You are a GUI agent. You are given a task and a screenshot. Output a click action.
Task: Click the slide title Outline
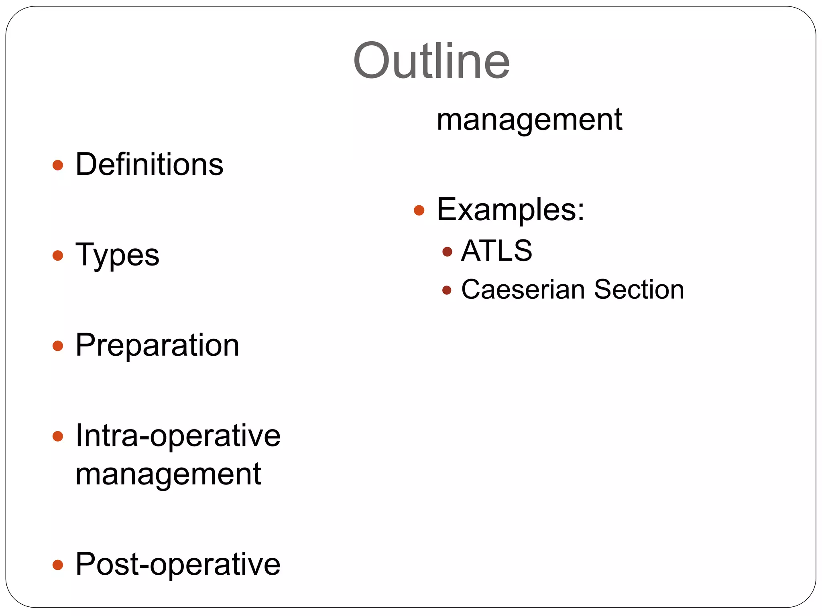pyautogui.click(x=431, y=61)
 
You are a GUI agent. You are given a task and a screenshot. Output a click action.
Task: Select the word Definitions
pyautogui.click(x=149, y=164)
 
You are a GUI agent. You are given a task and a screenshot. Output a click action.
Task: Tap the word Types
pyautogui.click(x=117, y=255)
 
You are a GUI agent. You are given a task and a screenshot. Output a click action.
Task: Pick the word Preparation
pyautogui.click(x=157, y=345)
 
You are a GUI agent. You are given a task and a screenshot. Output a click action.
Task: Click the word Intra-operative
pyautogui.click(x=178, y=436)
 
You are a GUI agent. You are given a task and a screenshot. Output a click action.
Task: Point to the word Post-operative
pyautogui.click(x=178, y=564)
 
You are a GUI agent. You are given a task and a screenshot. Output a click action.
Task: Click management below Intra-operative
pyautogui.click(x=169, y=474)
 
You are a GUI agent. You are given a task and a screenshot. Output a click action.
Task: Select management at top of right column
pyautogui.click(x=529, y=120)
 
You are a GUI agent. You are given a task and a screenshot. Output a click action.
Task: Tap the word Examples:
pyautogui.click(x=511, y=209)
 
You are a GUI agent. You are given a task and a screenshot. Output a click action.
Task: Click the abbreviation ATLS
pyautogui.click(x=497, y=251)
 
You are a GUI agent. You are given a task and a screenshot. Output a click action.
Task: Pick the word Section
pyautogui.click(x=639, y=289)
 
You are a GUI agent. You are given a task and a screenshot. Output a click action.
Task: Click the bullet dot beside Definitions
pyautogui.click(x=58, y=165)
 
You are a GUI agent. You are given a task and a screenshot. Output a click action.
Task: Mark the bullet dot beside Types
pyautogui.click(x=58, y=255)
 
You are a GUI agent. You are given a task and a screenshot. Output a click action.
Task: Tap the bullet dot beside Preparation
pyautogui.click(x=58, y=346)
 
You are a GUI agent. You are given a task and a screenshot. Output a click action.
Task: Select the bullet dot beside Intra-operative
pyautogui.click(x=58, y=436)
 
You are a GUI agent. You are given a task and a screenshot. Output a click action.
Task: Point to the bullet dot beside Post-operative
pyautogui.click(x=58, y=565)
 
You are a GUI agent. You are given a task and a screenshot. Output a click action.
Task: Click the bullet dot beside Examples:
pyautogui.click(x=419, y=210)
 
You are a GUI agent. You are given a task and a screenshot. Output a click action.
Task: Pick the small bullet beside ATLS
pyautogui.click(x=447, y=252)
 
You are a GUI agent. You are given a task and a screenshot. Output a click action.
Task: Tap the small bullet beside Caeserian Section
pyautogui.click(x=447, y=290)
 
